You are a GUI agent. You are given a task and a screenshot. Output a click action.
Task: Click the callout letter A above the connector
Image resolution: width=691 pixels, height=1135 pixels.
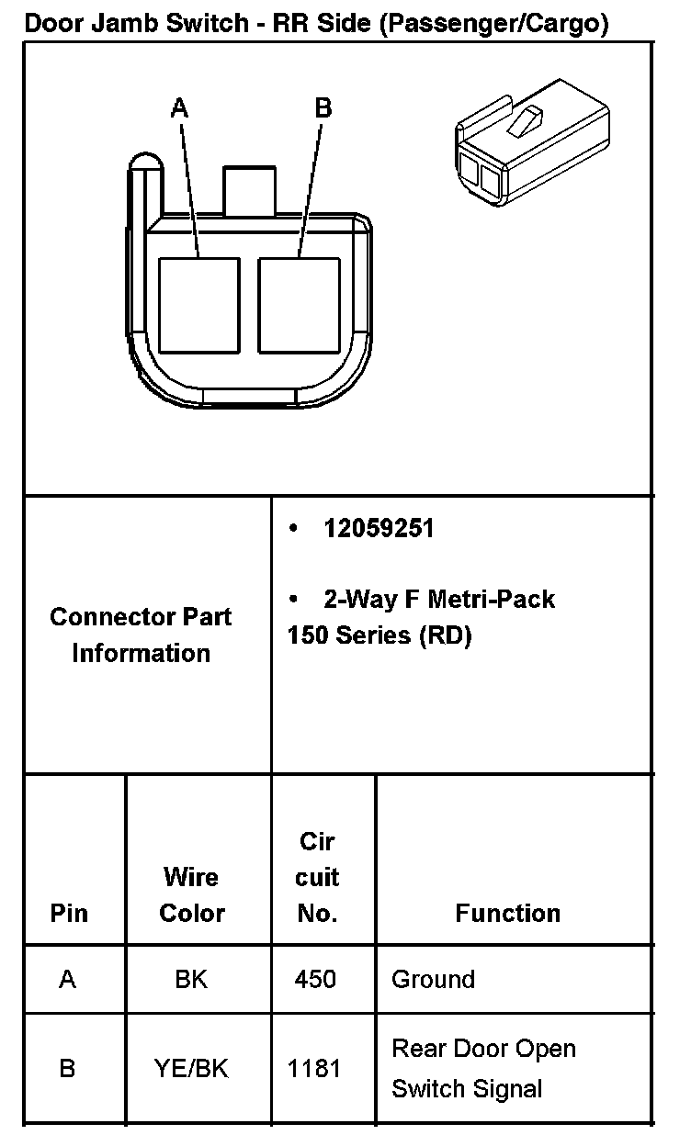179,109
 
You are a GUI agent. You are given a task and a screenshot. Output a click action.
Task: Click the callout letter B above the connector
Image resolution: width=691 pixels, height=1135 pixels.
323,108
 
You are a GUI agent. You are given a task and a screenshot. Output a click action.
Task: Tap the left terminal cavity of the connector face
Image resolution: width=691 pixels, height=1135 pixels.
198,305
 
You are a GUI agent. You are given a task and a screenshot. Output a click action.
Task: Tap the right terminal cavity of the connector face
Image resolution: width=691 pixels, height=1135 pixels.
299,305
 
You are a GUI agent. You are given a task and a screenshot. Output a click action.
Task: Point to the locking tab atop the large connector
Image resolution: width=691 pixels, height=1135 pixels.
249,190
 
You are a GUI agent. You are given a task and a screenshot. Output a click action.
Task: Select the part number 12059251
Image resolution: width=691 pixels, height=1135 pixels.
378,529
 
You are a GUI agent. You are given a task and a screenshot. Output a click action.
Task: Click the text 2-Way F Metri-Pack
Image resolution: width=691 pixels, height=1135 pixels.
439,600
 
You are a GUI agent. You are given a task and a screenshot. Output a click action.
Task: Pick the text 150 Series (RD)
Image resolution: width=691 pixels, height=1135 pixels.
379,635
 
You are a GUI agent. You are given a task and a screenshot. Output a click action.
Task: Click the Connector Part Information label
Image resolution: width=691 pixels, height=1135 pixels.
141,635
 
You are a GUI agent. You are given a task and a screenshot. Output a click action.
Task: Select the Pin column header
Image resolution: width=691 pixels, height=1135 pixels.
69,914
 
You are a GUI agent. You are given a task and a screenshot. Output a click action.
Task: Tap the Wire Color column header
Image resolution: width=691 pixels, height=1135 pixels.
191,895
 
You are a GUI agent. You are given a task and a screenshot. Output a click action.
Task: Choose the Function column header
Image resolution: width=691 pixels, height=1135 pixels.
507,913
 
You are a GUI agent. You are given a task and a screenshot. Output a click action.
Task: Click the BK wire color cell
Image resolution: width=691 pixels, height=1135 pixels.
191,980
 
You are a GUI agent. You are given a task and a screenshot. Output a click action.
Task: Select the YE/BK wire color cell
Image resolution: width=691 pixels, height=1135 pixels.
191,1068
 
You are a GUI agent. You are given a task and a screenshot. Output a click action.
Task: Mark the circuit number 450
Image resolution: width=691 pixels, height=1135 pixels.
314,980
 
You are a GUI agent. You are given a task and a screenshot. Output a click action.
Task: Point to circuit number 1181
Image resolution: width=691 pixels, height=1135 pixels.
314,1068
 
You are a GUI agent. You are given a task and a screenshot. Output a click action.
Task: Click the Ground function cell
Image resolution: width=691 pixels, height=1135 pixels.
433,980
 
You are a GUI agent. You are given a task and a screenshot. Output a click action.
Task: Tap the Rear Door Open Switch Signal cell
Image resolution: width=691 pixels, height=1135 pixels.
483,1069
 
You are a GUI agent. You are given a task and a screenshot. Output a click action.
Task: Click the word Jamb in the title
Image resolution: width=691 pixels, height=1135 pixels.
123,24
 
